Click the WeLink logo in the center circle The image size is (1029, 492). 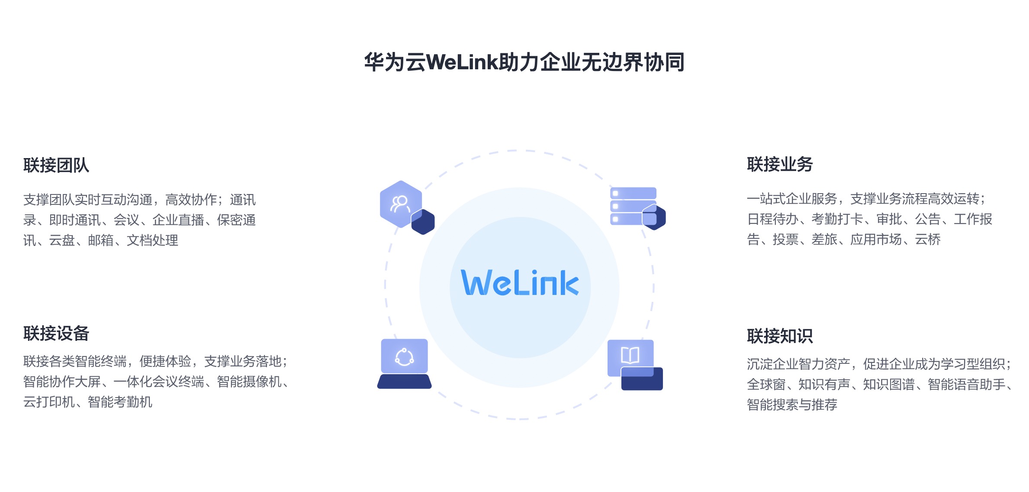click(x=520, y=283)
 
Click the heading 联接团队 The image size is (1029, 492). click(x=56, y=165)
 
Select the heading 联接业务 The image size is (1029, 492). click(x=780, y=165)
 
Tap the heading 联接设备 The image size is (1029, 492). click(x=56, y=333)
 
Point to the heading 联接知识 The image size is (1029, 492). click(x=780, y=336)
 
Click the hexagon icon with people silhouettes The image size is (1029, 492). click(x=401, y=204)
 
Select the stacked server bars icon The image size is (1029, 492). click(x=633, y=206)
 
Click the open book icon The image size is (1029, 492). click(x=630, y=356)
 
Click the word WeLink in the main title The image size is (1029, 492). click(x=462, y=62)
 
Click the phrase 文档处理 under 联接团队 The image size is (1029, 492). click(x=152, y=240)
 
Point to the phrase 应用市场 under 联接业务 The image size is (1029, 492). click(x=876, y=240)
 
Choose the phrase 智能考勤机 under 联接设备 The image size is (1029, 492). click(x=120, y=402)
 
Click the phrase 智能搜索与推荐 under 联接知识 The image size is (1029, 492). click(x=792, y=405)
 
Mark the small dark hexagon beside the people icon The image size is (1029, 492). click(x=423, y=222)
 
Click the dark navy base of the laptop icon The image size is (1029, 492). click(x=404, y=382)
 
